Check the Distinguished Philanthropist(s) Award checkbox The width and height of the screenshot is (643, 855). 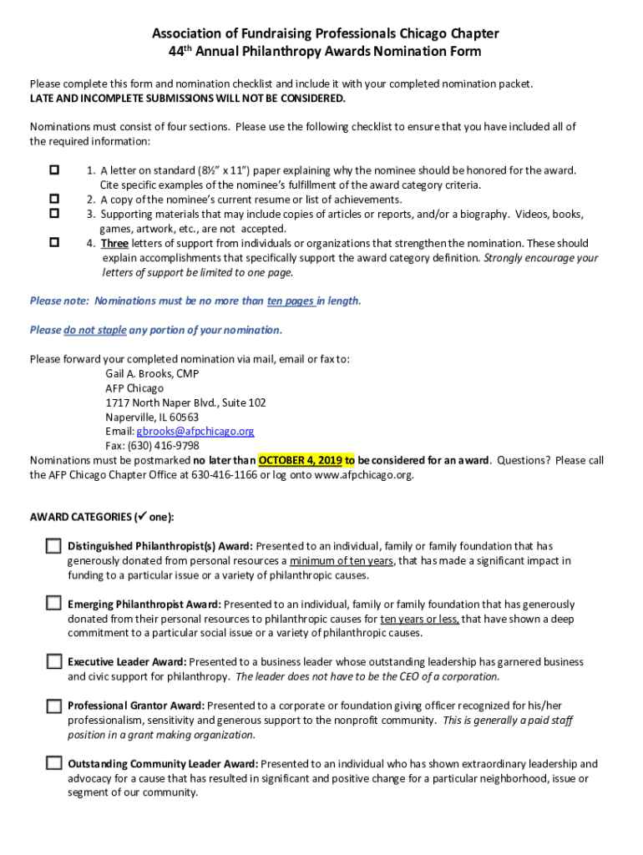(x=53, y=546)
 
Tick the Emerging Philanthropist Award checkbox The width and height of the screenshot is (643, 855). (x=53, y=603)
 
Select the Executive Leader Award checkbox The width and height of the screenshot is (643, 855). (x=53, y=661)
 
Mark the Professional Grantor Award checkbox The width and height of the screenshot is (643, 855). (x=53, y=705)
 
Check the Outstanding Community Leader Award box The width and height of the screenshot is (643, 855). (x=53, y=763)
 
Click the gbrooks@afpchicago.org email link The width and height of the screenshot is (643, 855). (x=195, y=431)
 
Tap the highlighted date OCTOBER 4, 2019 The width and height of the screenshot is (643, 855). (x=301, y=460)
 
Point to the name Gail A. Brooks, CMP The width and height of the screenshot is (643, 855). (x=152, y=373)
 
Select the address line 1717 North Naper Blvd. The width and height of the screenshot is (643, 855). (x=185, y=402)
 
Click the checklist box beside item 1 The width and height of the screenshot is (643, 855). (x=54, y=170)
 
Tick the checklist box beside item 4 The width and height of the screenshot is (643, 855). (x=54, y=243)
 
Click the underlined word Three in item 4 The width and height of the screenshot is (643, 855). (x=114, y=244)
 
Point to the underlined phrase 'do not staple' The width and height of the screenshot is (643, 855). (x=95, y=330)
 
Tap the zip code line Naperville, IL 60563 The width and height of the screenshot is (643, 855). (x=152, y=417)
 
